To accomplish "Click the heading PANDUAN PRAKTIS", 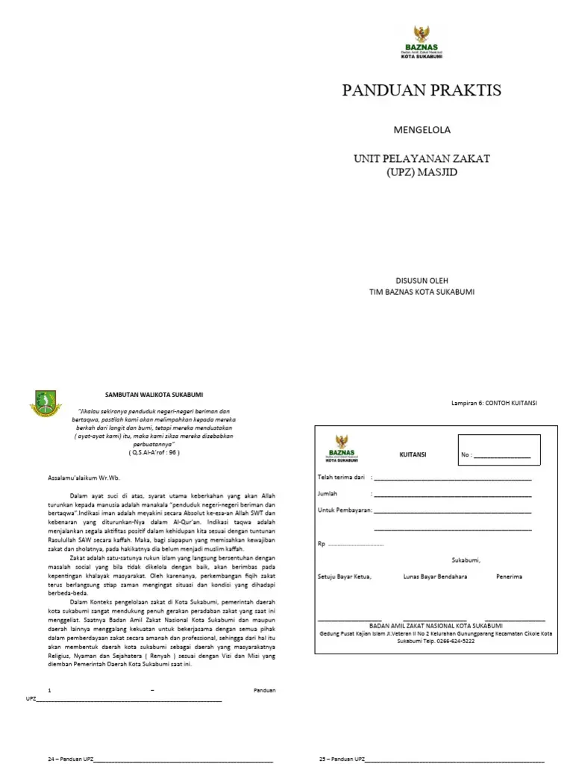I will click(x=422, y=91).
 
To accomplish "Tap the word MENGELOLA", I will click(x=422, y=130).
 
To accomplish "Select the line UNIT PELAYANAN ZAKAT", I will click(x=422, y=158).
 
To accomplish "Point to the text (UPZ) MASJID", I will click(x=422, y=172).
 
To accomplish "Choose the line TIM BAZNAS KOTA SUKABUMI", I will click(x=422, y=292).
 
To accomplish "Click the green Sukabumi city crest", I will click(x=46, y=404).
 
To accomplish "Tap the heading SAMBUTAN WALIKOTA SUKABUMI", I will click(x=153, y=394).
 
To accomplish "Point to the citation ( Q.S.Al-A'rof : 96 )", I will click(x=154, y=452).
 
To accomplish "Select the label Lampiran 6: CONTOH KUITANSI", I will click(x=494, y=403).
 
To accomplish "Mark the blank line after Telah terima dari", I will click(x=452, y=477).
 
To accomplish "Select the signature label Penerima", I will click(x=509, y=577).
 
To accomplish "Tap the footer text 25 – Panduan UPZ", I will click(x=342, y=758).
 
